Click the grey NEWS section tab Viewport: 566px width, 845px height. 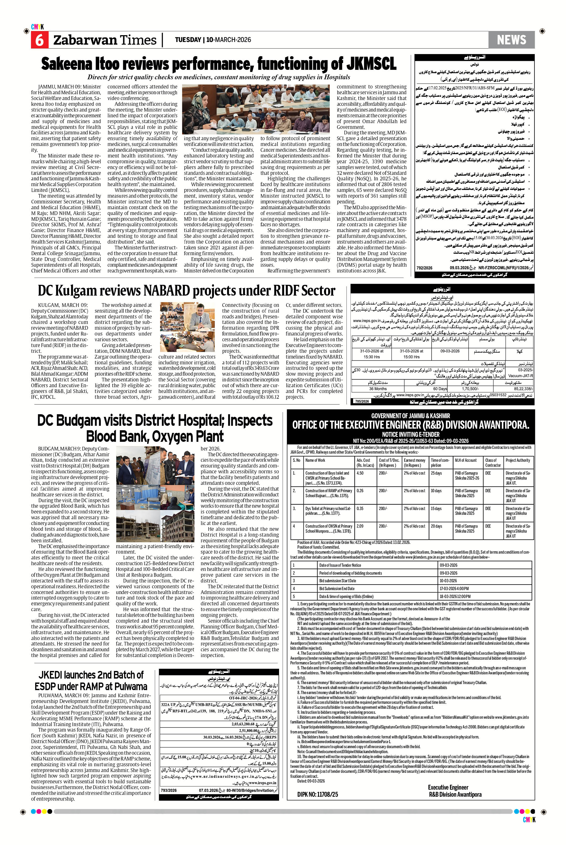511,40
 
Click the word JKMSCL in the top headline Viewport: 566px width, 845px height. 371,64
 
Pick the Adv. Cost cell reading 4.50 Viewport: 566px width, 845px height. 360,473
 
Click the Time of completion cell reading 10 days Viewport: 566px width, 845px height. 436,491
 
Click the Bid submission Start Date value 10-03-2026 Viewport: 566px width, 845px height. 448,580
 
